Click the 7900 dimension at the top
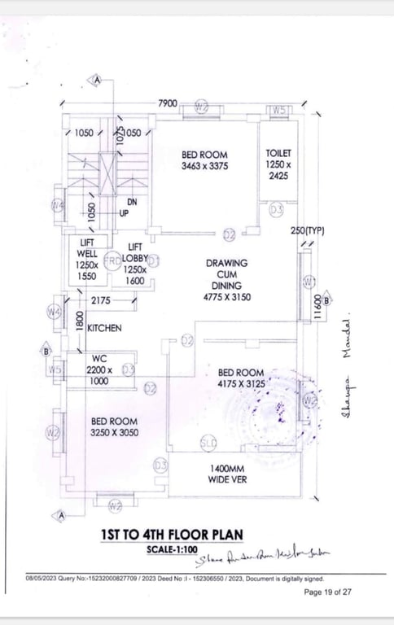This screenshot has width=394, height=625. (167, 103)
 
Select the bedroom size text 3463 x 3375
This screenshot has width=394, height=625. (204, 166)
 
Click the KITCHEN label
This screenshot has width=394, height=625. (105, 328)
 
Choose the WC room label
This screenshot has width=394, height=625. (99, 358)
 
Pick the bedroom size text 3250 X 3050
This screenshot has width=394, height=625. (114, 432)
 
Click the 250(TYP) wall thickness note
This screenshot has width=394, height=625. (307, 231)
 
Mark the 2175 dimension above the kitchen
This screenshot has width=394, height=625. (102, 301)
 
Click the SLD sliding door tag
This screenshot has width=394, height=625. (208, 442)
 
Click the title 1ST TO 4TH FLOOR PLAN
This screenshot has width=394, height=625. (171, 535)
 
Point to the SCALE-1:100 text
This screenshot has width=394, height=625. (172, 549)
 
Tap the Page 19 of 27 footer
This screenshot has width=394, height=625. (327, 592)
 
